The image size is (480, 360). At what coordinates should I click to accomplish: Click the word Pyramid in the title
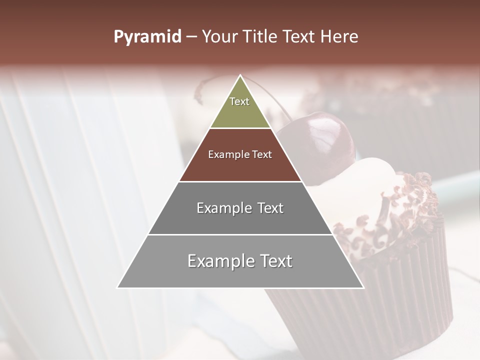coord(147,37)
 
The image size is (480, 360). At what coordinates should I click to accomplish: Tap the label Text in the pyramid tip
coord(239,101)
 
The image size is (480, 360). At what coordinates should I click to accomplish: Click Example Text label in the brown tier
coord(240,154)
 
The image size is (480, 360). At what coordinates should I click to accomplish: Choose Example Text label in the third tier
coord(240,208)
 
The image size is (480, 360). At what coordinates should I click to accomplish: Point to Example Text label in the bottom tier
coord(240,261)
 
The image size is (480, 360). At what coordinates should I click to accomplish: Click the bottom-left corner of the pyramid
coord(117,287)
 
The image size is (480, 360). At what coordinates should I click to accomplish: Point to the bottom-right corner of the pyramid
coord(363,287)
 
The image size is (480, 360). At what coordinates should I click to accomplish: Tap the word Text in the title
coord(300,37)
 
